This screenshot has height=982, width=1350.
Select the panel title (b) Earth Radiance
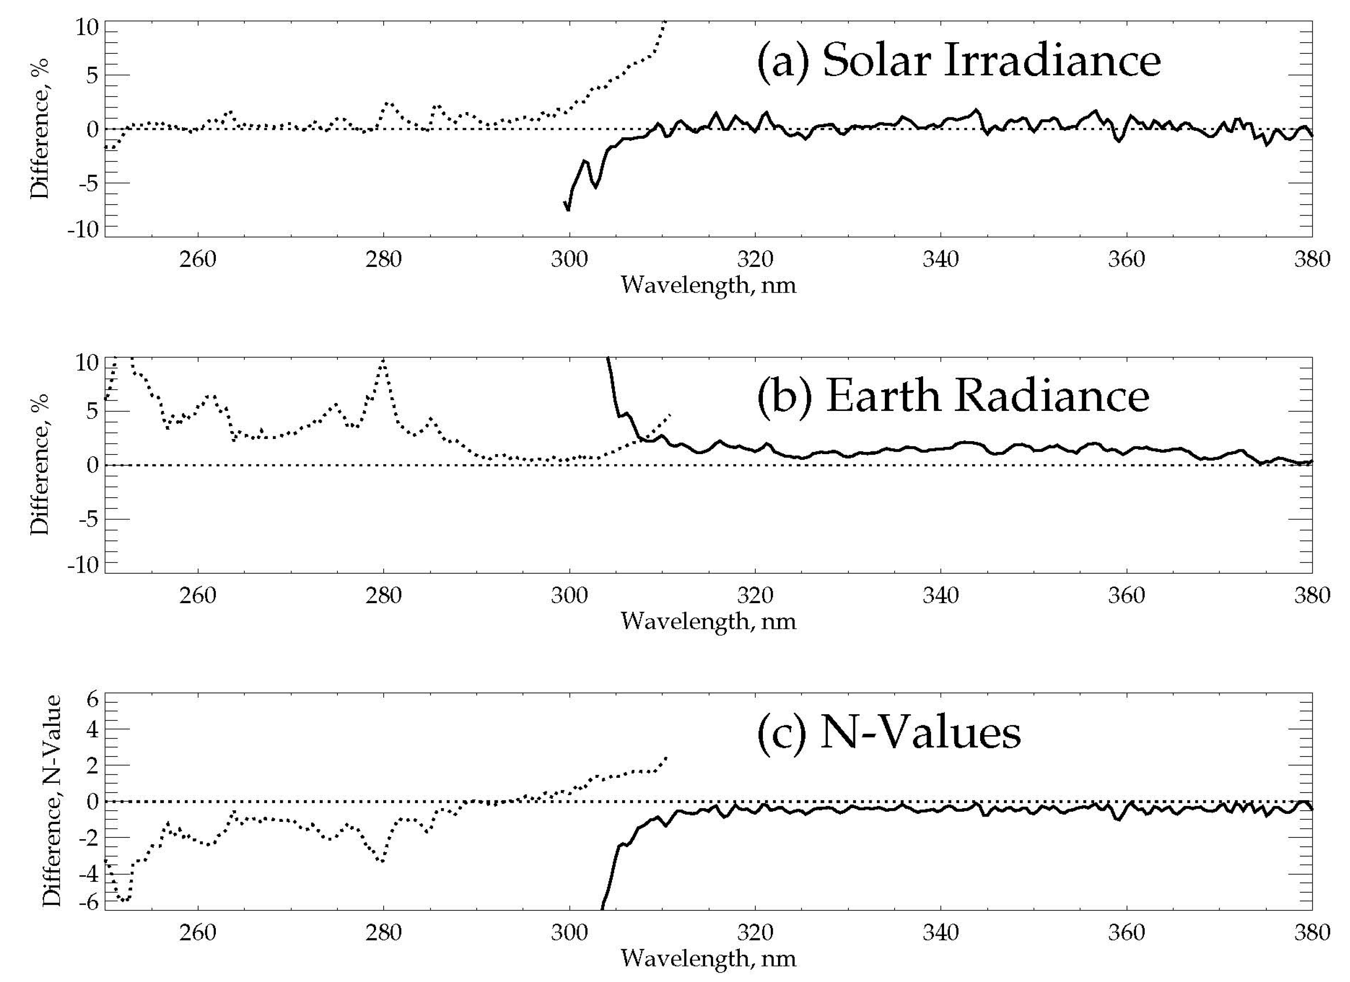pos(953,397)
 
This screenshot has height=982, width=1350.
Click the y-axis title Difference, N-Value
pos(53,801)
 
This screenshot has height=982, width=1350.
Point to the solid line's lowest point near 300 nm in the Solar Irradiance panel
pos(568,209)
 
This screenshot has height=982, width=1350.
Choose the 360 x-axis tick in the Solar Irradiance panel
pos(1126,260)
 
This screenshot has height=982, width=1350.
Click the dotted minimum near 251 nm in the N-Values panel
pos(124,900)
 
